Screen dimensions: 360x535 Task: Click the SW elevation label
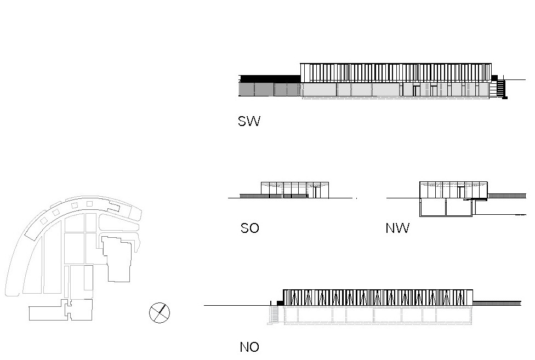point(249,121)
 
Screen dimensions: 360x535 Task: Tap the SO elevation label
point(249,228)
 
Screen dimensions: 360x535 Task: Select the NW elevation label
point(397,228)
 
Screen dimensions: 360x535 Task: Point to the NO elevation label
point(249,347)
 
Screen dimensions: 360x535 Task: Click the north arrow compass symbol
point(160,313)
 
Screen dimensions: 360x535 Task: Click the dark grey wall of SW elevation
point(270,89)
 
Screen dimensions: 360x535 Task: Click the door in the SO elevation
point(315,191)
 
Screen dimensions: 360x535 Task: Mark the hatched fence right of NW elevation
point(507,196)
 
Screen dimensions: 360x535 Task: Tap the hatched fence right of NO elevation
point(497,303)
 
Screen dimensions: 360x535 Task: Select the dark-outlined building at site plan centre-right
point(118,258)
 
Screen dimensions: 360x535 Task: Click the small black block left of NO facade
point(280,302)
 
